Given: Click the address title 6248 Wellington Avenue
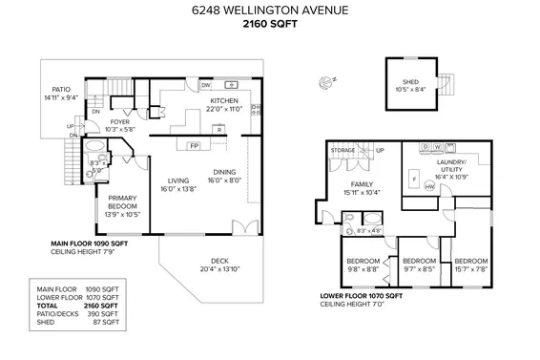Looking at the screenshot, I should [x=270, y=11].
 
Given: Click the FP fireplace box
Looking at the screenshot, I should [x=194, y=146].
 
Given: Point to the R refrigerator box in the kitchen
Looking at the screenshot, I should [x=218, y=128].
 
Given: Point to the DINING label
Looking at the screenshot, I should [x=224, y=171].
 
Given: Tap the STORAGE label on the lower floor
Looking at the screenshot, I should [x=343, y=150].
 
